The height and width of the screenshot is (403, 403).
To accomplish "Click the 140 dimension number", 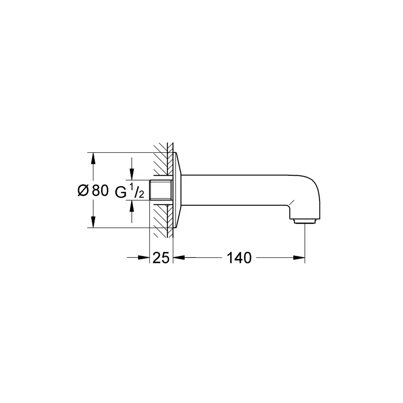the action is [239, 258].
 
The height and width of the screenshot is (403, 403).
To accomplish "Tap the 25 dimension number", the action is [161, 258].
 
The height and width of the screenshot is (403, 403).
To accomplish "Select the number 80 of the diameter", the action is [100, 191].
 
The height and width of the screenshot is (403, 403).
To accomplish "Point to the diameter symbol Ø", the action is [83, 191].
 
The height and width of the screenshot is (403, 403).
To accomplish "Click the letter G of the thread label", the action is [120, 192].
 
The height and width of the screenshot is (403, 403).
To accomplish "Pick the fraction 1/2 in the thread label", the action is [137, 191].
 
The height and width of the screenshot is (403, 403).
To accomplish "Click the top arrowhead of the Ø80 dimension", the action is [93, 158].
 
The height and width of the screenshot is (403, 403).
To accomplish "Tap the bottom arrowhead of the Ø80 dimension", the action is [93, 222].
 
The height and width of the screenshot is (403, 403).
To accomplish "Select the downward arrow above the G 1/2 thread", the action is [132, 169].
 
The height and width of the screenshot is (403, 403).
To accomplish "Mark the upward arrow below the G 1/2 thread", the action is [132, 211].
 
